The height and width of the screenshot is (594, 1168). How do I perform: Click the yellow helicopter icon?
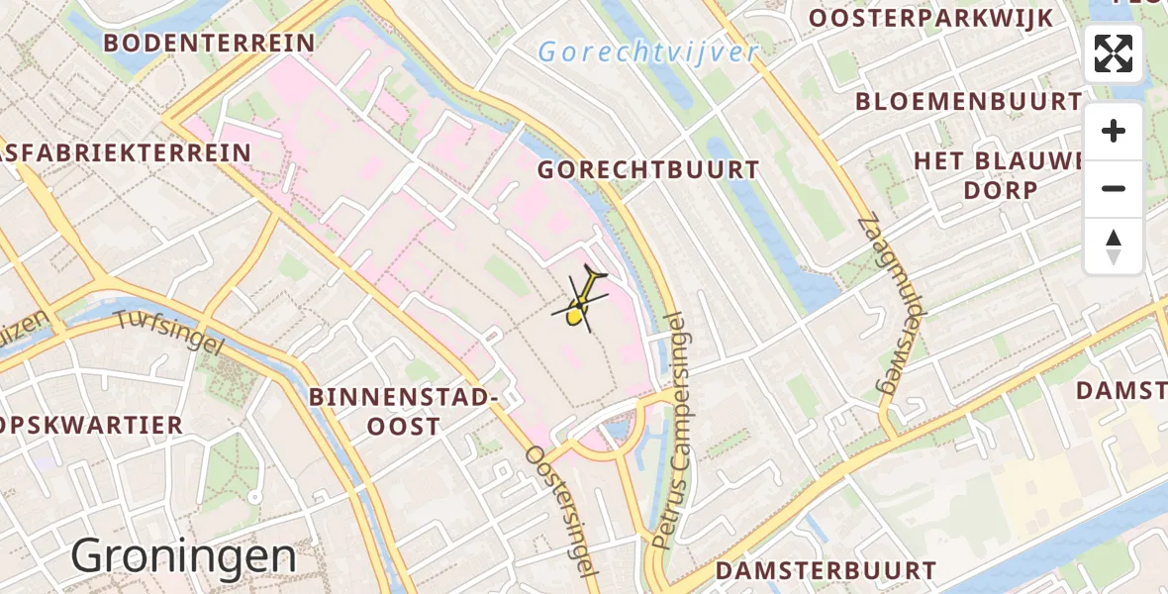pos(582,300)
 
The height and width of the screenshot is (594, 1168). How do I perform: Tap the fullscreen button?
pos(1114,53)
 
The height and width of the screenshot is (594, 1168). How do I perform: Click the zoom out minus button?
pos(1114,188)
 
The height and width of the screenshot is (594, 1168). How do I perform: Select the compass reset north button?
pos(1114,246)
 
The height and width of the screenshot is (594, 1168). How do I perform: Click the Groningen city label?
pos(183,556)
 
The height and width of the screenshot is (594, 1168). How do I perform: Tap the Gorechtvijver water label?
pos(648,51)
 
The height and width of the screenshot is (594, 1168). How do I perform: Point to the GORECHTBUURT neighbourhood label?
pos(648,170)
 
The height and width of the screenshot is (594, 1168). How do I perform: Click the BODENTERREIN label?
pos(209,43)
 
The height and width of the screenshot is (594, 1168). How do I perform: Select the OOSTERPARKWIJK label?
pos(931,19)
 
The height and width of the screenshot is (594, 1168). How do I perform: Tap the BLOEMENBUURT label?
pos(968,101)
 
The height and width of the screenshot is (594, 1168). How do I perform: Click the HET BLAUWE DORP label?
pos(1000,175)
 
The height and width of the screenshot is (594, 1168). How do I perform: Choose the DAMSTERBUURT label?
pos(826,571)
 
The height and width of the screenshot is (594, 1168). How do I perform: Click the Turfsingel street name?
pos(169,334)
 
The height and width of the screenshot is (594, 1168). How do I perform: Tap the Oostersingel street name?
pos(562,510)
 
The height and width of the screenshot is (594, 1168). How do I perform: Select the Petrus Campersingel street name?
pos(674,430)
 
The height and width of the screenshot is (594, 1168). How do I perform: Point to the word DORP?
pos(1001,190)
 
